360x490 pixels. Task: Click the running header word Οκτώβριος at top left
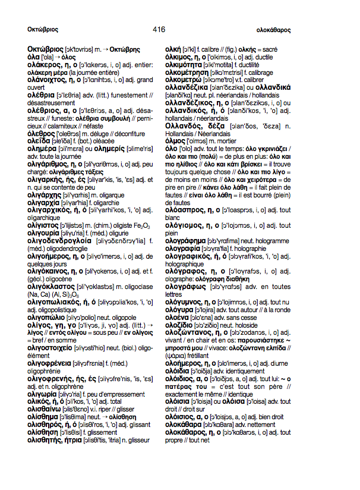pyautogui.click(x=42, y=29)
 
